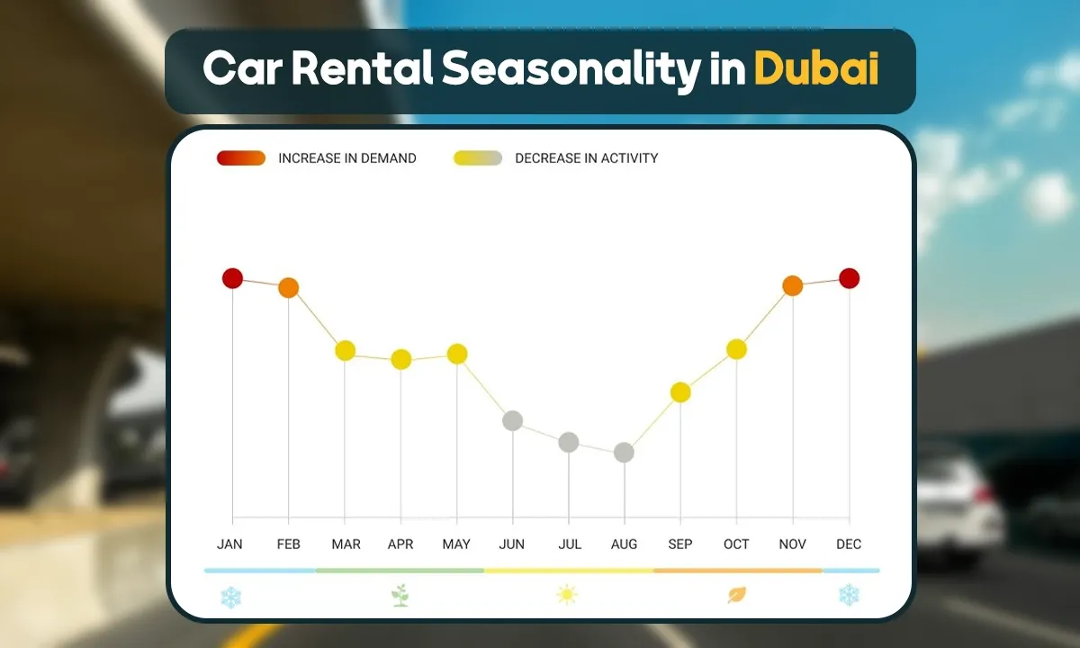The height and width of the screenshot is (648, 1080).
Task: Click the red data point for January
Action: pyautogui.click(x=233, y=278)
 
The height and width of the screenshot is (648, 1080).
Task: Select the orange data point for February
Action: pyautogui.click(x=288, y=288)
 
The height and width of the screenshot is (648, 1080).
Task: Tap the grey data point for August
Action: pyautogui.click(x=624, y=453)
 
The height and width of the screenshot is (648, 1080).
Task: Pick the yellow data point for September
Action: pyautogui.click(x=680, y=392)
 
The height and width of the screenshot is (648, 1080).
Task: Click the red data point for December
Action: pyautogui.click(x=849, y=278)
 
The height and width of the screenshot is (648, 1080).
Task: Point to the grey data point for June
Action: pyautogui.click(x=512, y=420)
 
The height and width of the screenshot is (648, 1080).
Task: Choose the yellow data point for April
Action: pyautogui.click(x=400, y=360)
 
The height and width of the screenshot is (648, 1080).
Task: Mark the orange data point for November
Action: pyautogui.click(x=792, y=286)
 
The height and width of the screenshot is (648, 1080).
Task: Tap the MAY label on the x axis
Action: pyautogui.click(x=456, y=544)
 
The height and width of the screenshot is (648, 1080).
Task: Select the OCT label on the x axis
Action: pyautogui.click(x=736, y=544)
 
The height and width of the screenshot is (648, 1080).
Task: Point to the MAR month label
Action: pyautogui.click(x=346, y=544)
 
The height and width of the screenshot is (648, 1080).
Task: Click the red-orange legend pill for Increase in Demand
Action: pyautogui.click(x=241, y=158)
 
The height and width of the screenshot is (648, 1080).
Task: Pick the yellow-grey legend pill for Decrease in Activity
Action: pyautogui.click(x=478, y=158)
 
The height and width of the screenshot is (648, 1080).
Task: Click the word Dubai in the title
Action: pyautogui.click(x=816, y=69)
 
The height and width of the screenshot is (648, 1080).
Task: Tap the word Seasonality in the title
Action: pyautogui.click(x=570, y=69)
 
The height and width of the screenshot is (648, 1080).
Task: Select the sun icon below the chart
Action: pyautogui.click(x=566, y=595)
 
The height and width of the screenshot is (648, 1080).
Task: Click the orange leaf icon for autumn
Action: pyautogui.click(x=737, y=595)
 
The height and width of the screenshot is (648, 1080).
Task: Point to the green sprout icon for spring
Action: pyautogui.click(x=400, y=595)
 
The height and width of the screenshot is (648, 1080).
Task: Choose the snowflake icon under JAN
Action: pyautogui.click(x=230, y=597)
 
